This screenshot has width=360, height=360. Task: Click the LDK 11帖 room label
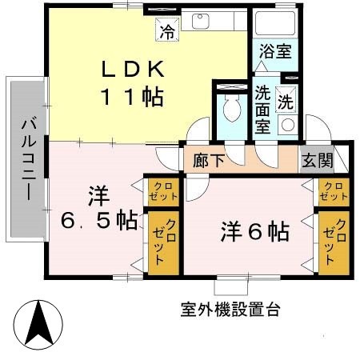(x=132, y=82)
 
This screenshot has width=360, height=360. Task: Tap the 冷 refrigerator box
(x=167, y=31)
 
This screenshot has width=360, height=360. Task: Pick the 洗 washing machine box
(x=286, y=102)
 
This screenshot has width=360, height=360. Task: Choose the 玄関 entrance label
(x=316, y=159)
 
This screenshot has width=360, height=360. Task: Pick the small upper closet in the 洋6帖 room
(x=332, y=190)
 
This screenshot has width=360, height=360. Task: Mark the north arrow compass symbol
(x=41, y=322)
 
